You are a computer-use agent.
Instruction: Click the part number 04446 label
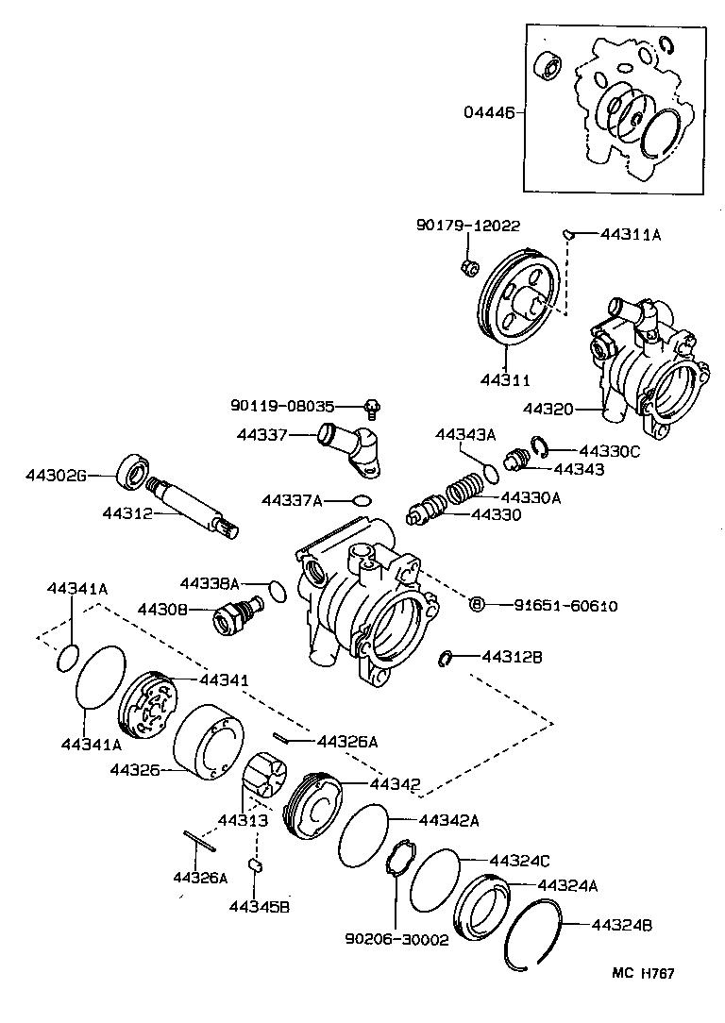[488, 112]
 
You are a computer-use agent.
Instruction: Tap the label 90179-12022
[468, 226]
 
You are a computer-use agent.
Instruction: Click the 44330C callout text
[609, 451]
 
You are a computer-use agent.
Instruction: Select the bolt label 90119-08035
[282, 407]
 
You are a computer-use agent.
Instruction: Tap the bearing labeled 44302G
[132, 472]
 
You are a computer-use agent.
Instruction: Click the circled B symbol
[477, 605]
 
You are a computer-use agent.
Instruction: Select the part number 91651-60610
[553, 606]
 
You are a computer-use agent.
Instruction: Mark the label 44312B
[512, 656]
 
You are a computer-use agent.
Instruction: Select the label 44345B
[259, 907]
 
